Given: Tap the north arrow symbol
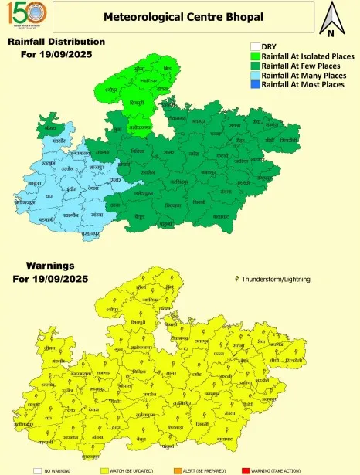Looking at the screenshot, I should click(x=331, y=19).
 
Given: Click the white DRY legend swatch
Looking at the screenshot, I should click(x=255, y=47).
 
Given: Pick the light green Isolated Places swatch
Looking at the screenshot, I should click(x=255, y=56).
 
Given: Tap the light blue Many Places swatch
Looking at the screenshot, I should click(x=255, y=75).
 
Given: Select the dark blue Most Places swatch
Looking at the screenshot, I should click(x=255, y=84).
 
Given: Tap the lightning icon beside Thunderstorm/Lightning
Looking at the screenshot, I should click(x=236, y=277).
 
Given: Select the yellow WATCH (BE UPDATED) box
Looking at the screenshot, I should click(x=105, y=468).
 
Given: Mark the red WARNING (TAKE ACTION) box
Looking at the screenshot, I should click(x=246, y=468).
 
